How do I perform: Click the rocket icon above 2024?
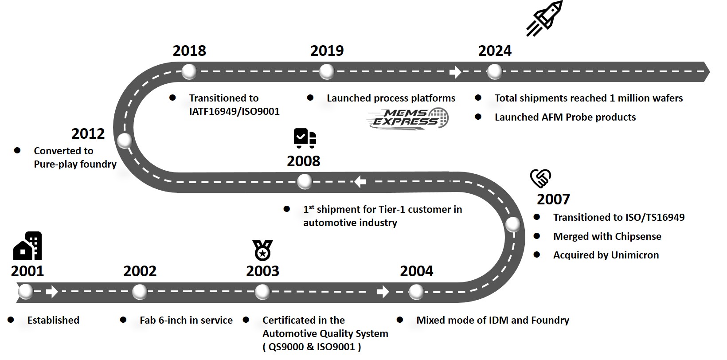pyautogui.click(x=545, y=18)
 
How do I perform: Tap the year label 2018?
pyautogui.click(x=189, y=51)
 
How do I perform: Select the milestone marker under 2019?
pyautogui.click(x=327, y=72)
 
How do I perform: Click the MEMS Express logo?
pyautogui.click(x=408, y=118)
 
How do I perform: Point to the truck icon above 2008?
pyautogui.click(x=305, y=138)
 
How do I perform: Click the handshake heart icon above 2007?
pyautogui.click(x=540, y=178)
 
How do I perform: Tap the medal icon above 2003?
pyautogui.click(x=262, y=250)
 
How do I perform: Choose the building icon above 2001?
pyautogui.click(x=28, y=246)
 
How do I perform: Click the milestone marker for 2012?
pyautogui.click(x=125, y=141)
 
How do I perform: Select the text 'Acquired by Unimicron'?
pyautogui.click(x=606, y=255)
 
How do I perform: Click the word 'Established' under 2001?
pyautogui.click(x=53, y=320)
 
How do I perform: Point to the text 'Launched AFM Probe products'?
pyautogui.click(x=565, y=117)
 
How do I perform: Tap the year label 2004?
pyautogui.click(x=416, y=271)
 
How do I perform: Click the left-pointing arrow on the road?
pyautogui.click(x=360, y=181)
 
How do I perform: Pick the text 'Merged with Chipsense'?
pyautogui.click(x=607, y=236)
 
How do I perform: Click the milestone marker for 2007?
pyautogui.click(x=513, y=224)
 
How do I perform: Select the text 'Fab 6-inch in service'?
pyautogui.click(x=186, y=320)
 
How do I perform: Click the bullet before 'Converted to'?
pyautogui.click(x=17, y=150)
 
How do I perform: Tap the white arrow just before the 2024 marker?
pyautogui.click(x=455, y=72)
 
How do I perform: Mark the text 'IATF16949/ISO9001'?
pyautogui.click(x=234, y=111)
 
